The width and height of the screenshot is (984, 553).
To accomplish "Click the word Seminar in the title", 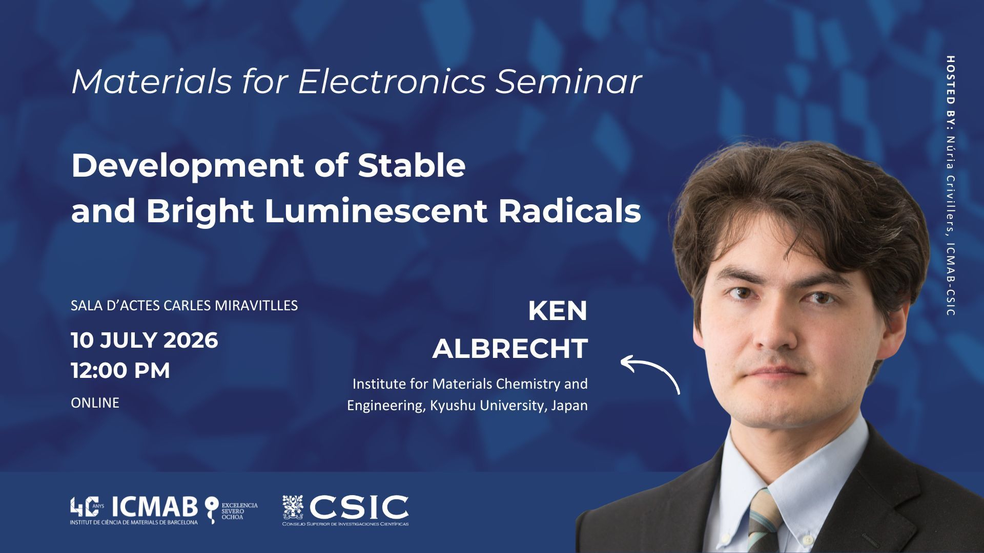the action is (568, 81).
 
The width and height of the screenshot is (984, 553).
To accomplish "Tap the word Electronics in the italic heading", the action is (392, 81).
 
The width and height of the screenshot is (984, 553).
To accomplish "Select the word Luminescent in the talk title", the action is (376, 210).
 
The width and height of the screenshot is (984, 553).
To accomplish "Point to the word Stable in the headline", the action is (412, 165).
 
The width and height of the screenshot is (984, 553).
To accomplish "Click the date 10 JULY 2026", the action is (145, 341).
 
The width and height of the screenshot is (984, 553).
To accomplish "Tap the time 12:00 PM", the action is (120, 370).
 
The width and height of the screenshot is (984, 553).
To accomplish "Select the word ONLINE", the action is (95, 403).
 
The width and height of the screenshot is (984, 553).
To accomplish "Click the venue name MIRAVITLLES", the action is (256, 306).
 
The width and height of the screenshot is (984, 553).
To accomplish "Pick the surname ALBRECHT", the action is (510, 349).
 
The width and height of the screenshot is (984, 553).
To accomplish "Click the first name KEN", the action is (558, 311).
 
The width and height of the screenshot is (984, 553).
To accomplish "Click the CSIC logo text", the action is (359, 507).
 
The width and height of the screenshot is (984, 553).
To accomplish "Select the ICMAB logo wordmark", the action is (155, 507).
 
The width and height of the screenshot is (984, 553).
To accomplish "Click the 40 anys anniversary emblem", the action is (87, 507).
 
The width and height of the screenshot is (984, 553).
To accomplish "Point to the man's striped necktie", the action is (763, 522).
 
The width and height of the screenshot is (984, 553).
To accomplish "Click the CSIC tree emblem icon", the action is (293, 507).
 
